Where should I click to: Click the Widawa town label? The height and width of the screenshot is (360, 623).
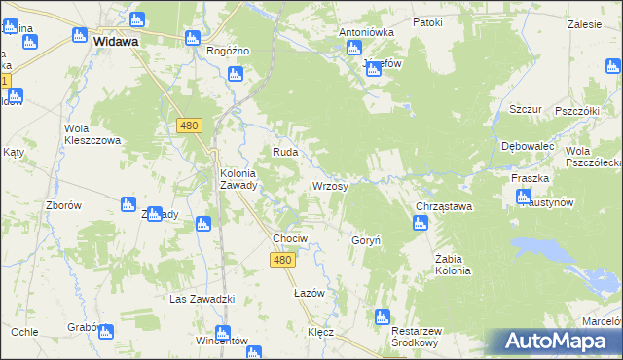(115, 43)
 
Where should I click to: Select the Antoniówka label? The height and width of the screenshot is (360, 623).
(366, 32)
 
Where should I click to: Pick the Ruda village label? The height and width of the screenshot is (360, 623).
(284, 153)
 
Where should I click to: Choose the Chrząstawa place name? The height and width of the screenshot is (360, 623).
(444, 206)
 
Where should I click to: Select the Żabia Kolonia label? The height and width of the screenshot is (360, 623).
(453, 264)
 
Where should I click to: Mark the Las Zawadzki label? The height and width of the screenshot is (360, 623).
(202, 299)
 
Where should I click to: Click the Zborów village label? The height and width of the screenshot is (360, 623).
(63, 205)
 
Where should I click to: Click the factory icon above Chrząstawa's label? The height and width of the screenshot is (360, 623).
(420, 225)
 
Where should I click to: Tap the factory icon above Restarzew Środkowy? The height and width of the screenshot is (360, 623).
(382, 317)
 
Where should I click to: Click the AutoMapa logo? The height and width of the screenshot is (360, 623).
(554, 342)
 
